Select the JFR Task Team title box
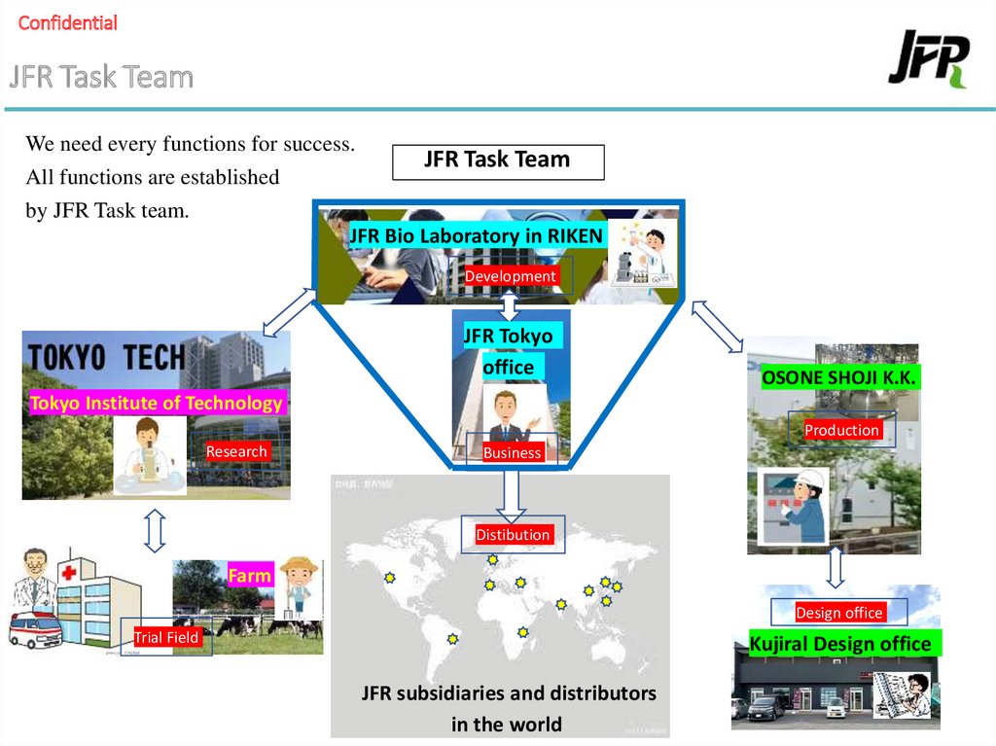click(497, 161)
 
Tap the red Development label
click(510, 276)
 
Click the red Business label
click(512, 452)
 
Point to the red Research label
click(236, 451)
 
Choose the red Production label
click(841, 430)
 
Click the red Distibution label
click(513, 535)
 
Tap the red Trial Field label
click(166, 637)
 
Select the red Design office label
click(838, 613)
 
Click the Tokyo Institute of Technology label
click(157, 403)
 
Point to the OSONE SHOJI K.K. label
click(839, 377)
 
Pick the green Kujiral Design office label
click(839, 644)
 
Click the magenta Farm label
click(249, 576)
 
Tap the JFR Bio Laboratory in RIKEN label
click(476, 235)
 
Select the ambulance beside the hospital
click(35, 630)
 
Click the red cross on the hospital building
click(69, 575)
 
